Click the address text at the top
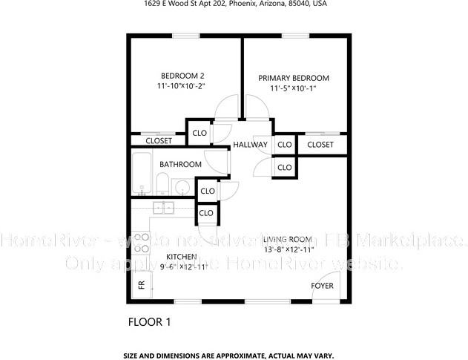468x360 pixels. [234, 4]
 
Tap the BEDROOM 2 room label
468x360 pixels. [182, 76]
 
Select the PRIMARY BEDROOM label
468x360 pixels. [294, 78]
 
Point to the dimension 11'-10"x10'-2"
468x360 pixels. [181, 87]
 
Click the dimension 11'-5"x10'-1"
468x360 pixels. [293, 89]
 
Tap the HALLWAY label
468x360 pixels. [250, 144]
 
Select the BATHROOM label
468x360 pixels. [180, 164]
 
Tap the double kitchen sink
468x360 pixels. [163, 208]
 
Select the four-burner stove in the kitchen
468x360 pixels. [142, 243]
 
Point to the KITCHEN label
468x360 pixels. [181, 256]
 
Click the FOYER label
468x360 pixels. [322, 286]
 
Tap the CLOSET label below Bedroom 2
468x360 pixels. [158, 140]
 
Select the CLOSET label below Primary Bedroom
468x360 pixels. [320, 144]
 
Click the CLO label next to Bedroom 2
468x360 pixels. [199, 134]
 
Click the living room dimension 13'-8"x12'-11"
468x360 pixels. [288, 249]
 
